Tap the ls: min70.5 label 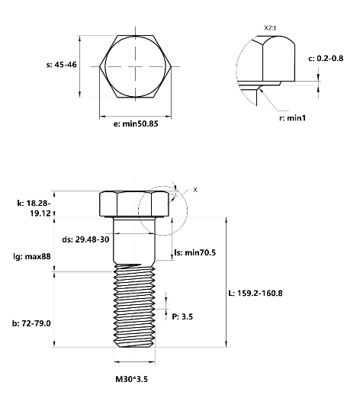click(x=195, y=252)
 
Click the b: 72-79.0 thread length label click(x=31, y=323)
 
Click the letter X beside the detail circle click(x=194, y=190)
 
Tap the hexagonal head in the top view click(x=137, y=66)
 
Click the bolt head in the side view click(x=134, y=204)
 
